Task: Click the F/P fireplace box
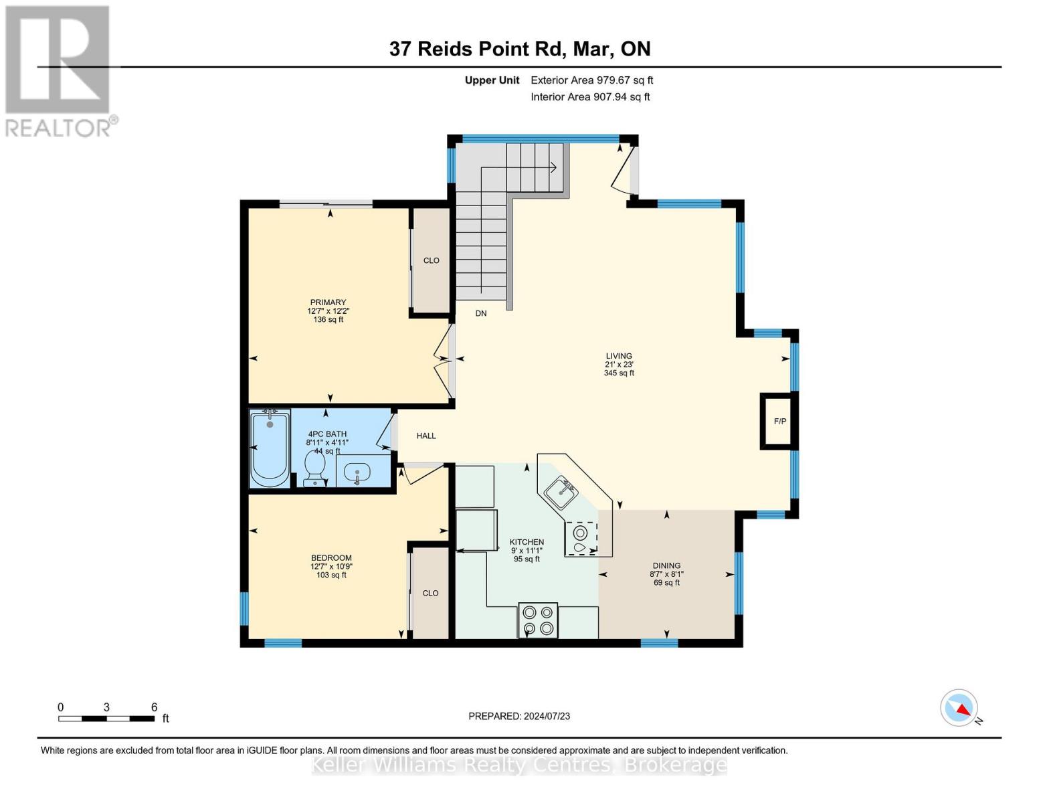click(779, 421)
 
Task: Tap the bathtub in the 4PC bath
click(270, 449)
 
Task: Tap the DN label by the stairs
click(481, 313)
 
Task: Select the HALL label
click(426, 436)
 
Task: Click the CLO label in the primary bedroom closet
click(432, 260)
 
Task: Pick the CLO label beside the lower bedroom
click(430, 593)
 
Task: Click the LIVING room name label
click(619, 356)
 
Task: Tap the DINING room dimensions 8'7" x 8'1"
click(666, 574)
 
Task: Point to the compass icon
click(959, 707)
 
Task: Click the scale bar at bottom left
click(107, 718)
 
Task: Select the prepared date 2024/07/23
click(519, 716)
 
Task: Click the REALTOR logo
click(59, 70)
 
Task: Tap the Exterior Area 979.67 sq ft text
click(591, 80)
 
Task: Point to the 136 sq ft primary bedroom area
click(328, 320)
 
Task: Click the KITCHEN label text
click(527, 542)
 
